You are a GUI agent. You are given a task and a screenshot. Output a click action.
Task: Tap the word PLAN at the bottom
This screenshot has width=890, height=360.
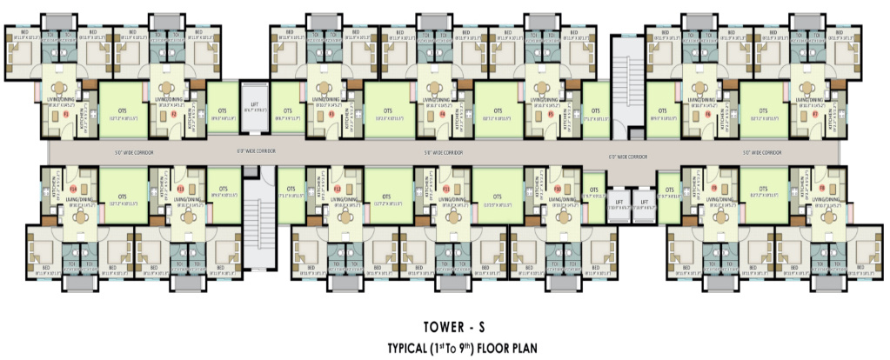(520, 350)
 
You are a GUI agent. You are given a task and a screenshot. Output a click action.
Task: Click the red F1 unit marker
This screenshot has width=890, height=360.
(65, 114)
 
